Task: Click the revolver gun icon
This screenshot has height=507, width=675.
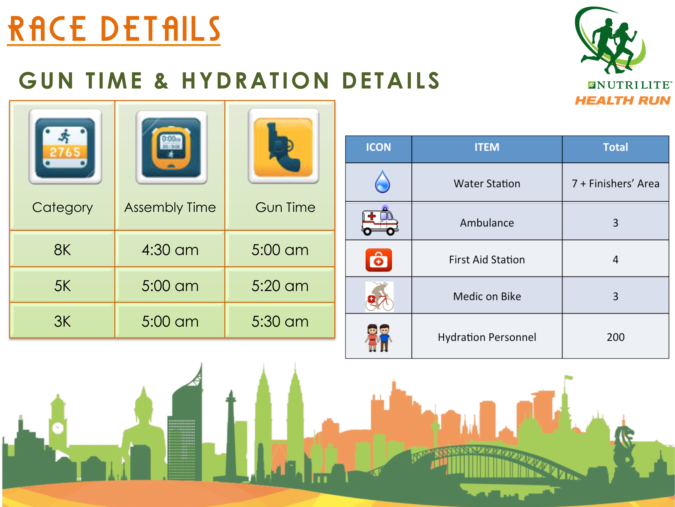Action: (x=283, y=146)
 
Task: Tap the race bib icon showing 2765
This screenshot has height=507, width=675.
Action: (x=65, y=147)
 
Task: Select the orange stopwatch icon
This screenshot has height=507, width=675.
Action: (x=171, y=147)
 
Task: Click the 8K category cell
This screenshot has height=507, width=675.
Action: (x=62, y=249)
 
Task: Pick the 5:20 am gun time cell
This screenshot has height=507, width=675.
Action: (x=280, y=285)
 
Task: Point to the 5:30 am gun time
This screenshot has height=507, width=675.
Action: (x=280, y=321)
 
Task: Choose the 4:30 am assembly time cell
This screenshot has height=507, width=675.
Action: (x=170, y=249)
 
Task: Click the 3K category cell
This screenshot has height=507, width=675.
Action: (x=62, y=321)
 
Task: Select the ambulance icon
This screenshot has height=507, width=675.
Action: (x=380, y=220)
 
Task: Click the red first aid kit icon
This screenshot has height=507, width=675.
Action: (x=379, y=260)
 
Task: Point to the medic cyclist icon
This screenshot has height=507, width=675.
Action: (x=379, y=297)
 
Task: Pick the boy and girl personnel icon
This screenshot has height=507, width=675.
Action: (x=378, y=338)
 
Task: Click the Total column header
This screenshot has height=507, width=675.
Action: (x=616, y=147)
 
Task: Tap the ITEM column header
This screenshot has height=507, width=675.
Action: (x=487, y=147)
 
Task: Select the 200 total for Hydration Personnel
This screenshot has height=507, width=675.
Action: (x=616, y=337)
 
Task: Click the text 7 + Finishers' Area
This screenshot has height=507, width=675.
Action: (x=616, y=183)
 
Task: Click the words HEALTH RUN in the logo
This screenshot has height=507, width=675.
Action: (x=623, y=100)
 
